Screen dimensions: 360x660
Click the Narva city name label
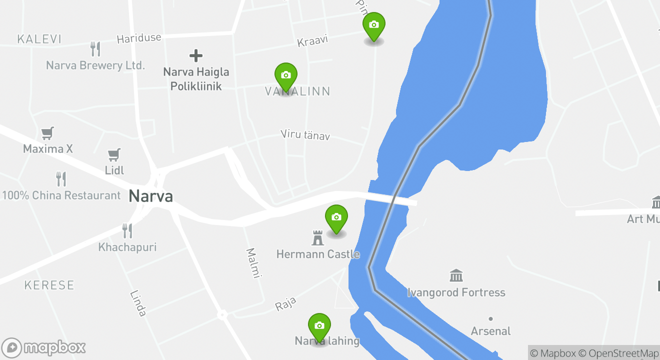[150, 196]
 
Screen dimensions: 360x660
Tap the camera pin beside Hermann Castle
[336, 218]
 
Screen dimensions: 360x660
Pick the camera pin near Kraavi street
[373, 25]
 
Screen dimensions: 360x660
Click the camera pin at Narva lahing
[319, 326]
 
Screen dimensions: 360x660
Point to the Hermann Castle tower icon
[317, 238]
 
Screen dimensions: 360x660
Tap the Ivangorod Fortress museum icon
[456, 275]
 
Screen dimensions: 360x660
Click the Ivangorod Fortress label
[456, 292]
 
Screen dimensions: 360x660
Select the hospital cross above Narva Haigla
[196, 55]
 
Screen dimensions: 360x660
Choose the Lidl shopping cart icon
[114, 154]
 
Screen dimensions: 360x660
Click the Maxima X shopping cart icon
[47, 133]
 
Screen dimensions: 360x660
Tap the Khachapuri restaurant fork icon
[127, 230]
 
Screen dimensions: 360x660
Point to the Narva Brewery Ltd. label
[95, 65]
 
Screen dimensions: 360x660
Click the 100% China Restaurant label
[61, 195]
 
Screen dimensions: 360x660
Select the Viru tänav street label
[305, 134]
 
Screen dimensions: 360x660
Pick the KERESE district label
[49, 285]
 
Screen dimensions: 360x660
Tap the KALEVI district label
[39, 39]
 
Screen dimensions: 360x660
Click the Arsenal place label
[491, 331]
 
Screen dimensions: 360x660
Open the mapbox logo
[43, 347]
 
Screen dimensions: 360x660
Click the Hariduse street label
[139, 38]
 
